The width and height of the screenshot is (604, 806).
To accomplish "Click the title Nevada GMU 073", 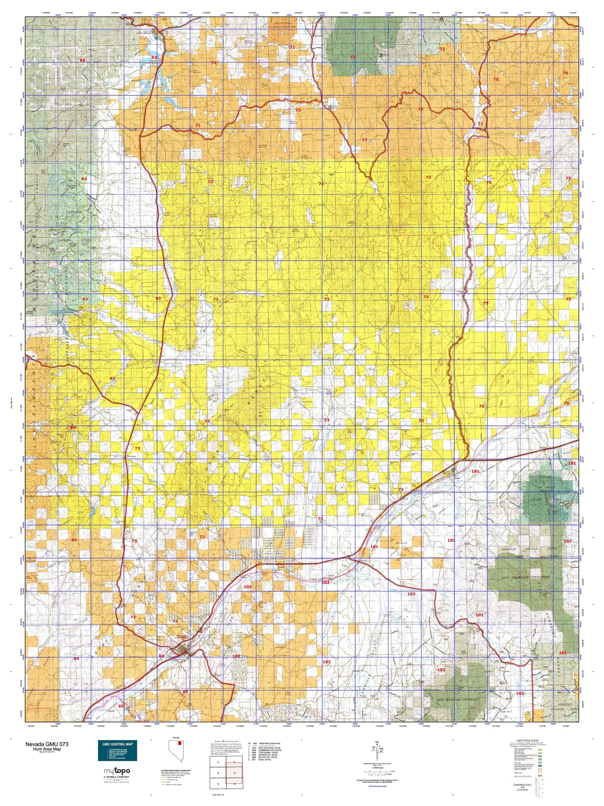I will pyautogui.click(x=46, y=744).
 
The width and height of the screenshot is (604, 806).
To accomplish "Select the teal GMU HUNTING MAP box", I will pyautogui.click(x=117, y=751).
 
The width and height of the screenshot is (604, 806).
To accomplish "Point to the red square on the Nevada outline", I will pyautogui.click(x=180, y=743).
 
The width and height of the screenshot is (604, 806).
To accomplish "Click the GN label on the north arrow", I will pyautogui.click(x=377, y=742).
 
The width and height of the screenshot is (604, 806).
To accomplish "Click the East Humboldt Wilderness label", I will pyautogui.click(x=525, y=577).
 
